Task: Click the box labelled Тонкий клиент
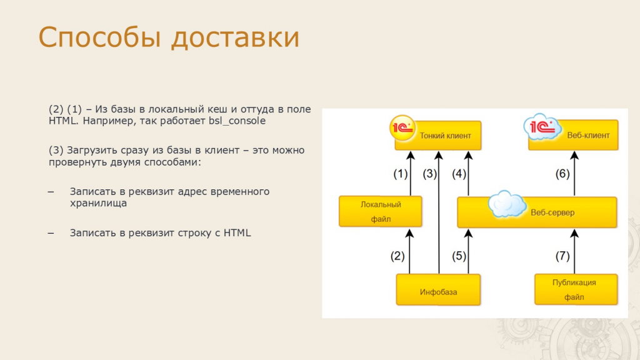pos(438,136)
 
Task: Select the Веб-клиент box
pos(573,135)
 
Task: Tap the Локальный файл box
pos(381,211)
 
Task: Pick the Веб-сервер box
pos(537,212)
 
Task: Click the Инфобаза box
pos(438,290)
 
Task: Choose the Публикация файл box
pos(576,289)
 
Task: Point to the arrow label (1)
pos(401,174)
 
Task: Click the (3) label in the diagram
pos(430,174)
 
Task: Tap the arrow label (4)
pos(459,174)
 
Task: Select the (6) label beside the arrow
pos(562,174)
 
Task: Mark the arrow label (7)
pos(562,256)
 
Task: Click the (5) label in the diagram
pos(459,256)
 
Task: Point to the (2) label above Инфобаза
pos(397,256)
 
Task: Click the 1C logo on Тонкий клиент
pos(402,128)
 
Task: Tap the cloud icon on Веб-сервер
pos(507,204)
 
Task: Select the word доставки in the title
pos(236,37)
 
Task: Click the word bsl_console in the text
pos(237,121)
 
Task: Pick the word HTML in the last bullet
pos(237,232)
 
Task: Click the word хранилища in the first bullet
pos(98,203)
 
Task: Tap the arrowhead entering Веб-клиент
pos(574,155)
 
